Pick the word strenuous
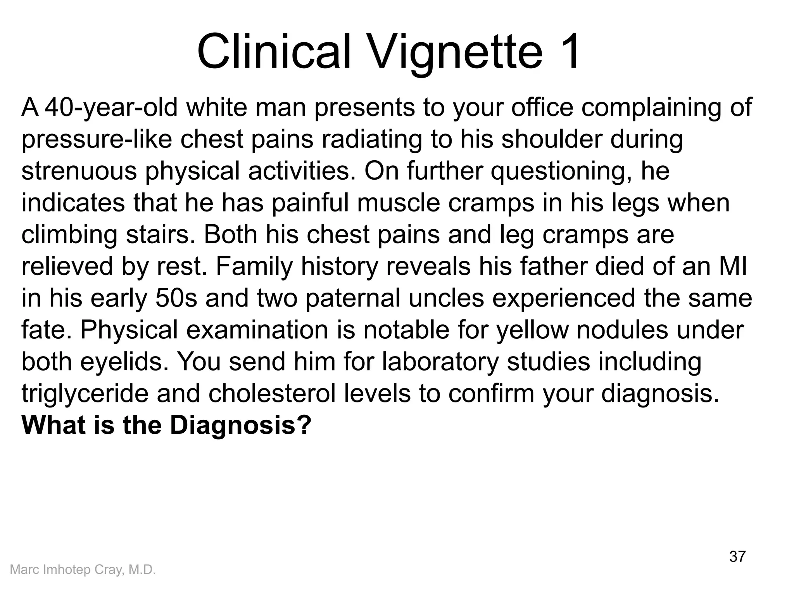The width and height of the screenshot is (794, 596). [x=79, y=172]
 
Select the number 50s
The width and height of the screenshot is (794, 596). [x=176, y=298]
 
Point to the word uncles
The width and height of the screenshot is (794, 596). [x=446, y=298]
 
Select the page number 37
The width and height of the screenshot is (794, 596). [x=737, y=556]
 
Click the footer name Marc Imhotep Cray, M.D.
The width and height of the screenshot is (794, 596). [x=83, y=570]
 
